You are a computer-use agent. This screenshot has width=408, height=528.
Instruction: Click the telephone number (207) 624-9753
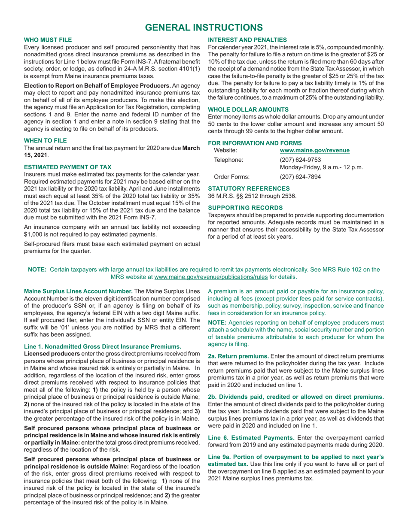[298, 160]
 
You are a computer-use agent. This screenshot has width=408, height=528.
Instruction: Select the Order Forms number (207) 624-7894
[298, 176]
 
